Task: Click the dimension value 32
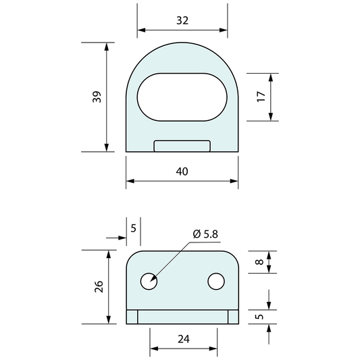(x=182, y=20)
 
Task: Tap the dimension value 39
(x=97, y=97)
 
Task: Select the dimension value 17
(x=261, y=97)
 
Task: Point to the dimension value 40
(x=182, y=172)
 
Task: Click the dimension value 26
(x=99, y=286)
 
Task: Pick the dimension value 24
(x=184, y=339)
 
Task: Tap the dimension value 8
(x=259, y=262)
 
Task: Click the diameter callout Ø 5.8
(x=205, y=234)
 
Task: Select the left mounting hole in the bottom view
(x=149, y=281)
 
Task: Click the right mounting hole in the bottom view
(x=216, y=281)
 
